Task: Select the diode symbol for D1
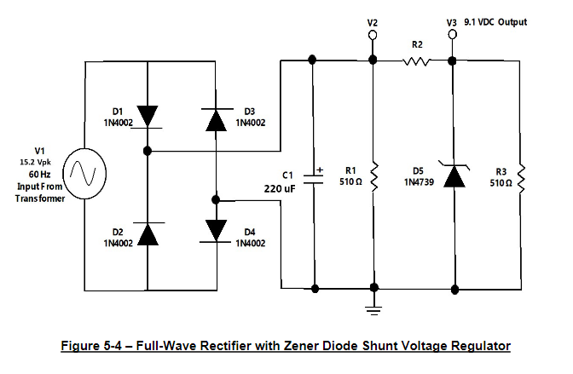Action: pos(148,115)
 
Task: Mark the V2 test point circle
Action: pos(373,36)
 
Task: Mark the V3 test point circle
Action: pos(452,34)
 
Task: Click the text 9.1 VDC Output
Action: pos(496,21)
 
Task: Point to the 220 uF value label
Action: pos(280,187)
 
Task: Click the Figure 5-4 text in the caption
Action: pos(94,346)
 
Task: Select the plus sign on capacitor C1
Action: pos(320,169)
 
